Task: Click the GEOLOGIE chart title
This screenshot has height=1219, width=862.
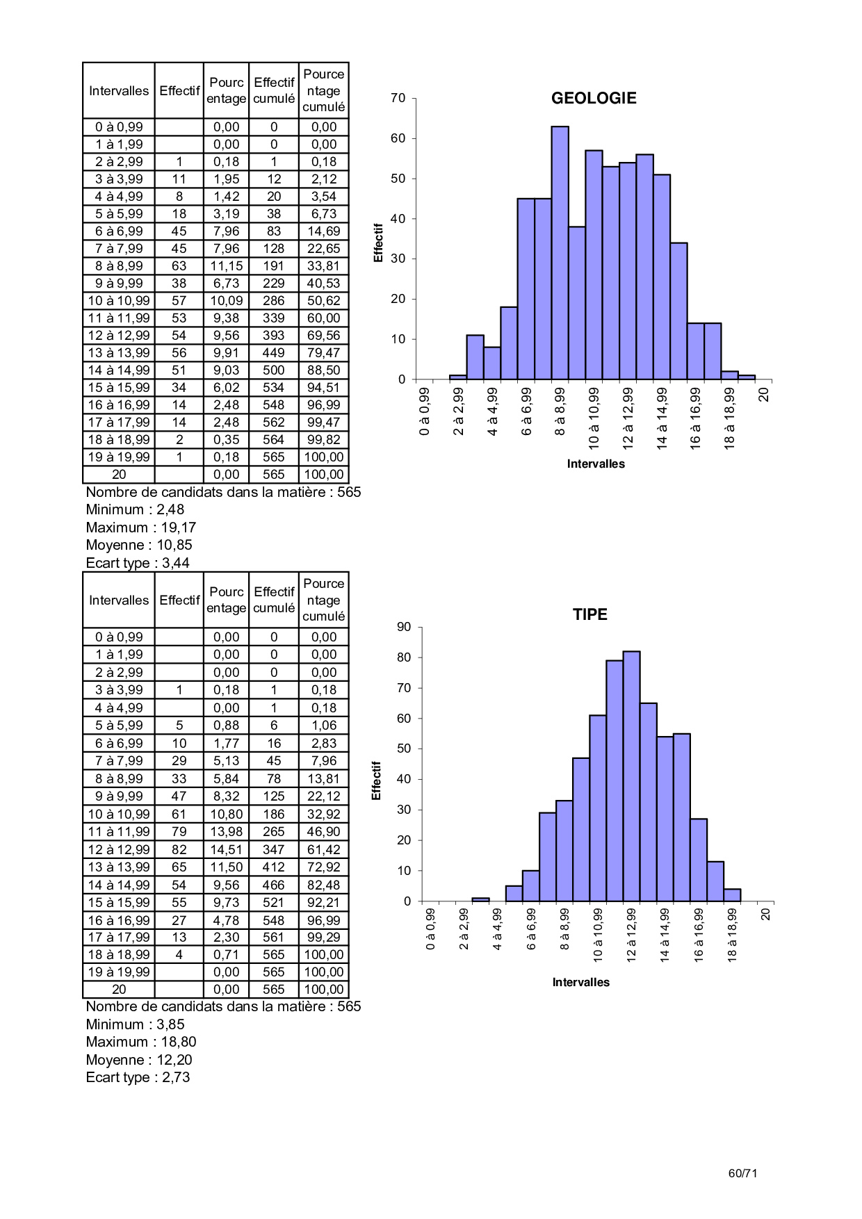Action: [594, 98]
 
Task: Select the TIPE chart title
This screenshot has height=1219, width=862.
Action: [589, 614]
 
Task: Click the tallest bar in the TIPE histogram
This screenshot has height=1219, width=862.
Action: [631, 776]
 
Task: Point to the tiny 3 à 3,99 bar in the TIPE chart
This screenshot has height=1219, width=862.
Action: [480, 899]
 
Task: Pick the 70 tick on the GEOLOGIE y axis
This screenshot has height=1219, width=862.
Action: [398, 98]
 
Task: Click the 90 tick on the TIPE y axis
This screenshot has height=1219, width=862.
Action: [404, 627]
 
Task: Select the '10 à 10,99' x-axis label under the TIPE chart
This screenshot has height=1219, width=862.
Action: [598, 935]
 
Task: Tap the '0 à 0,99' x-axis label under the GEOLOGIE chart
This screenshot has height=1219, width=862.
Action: [425, 411]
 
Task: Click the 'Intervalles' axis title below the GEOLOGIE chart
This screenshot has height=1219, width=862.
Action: [596, 464]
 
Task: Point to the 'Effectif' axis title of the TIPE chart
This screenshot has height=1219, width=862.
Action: [377, 780]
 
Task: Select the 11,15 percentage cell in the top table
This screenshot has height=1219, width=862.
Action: [227, 266]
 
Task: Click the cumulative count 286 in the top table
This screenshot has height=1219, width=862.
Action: [274, 301]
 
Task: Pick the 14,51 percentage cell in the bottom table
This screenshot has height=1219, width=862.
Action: [227, 849]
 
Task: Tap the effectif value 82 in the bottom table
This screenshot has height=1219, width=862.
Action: [179, 849]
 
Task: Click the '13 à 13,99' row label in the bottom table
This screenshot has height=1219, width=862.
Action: [119, 867]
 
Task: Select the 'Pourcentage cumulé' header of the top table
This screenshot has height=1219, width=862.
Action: [324, 90]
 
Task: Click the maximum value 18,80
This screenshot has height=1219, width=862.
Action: [179, 1042]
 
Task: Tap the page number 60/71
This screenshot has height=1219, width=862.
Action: [742, 1173]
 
